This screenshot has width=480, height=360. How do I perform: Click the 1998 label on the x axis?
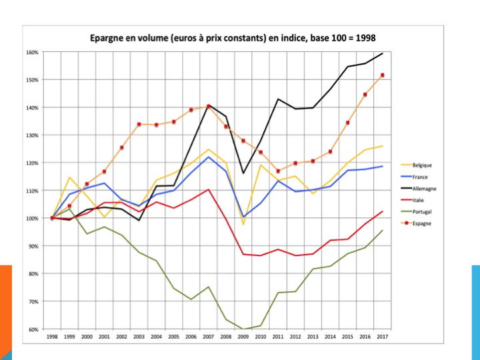coord(52,337)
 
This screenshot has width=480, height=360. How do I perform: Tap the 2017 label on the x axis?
coord(383,337)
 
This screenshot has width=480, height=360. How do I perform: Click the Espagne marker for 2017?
coord(383,75)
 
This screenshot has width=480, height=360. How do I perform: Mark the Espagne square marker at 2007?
coord(209,106)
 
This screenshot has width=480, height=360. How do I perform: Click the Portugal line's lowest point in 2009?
coord(243,329)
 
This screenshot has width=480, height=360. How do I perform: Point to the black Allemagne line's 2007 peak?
coord(209,105)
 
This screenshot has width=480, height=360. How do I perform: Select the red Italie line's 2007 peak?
coord(209,189)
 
